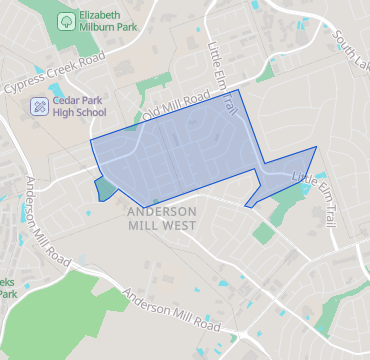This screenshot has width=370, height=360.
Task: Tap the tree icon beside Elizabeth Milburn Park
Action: [65, 20]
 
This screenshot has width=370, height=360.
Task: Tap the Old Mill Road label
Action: [176, 105]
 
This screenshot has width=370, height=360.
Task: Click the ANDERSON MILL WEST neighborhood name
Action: [162, 219]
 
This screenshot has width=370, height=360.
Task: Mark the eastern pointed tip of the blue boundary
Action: [316, 147]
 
